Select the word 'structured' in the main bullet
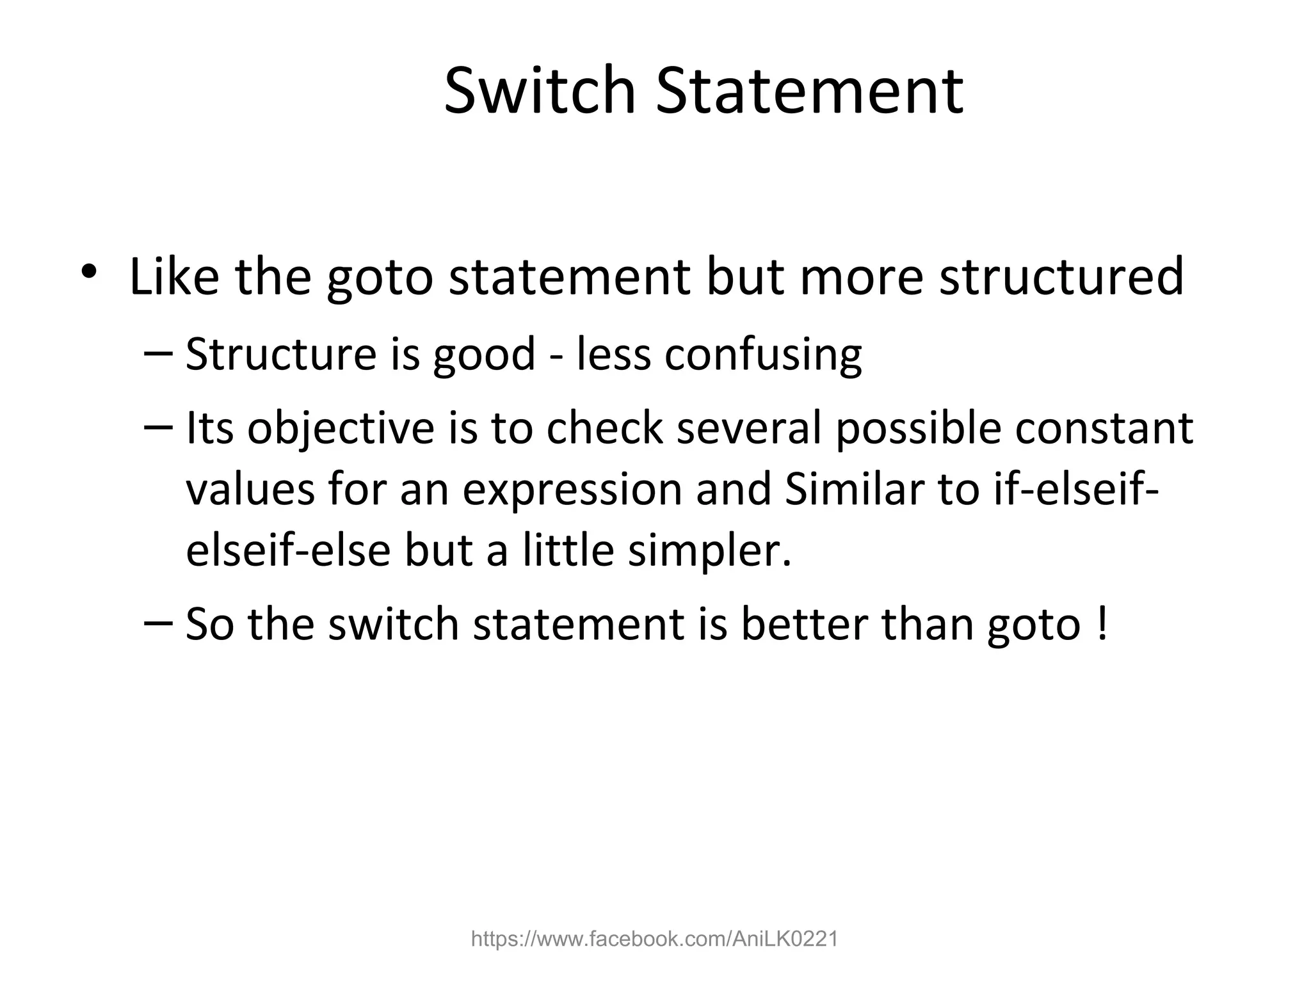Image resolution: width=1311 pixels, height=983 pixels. click(1061, 276)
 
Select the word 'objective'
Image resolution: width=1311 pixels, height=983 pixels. click(341, 429)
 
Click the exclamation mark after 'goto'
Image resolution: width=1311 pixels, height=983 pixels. click(1101, 624)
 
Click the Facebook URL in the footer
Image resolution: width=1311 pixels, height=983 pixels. click(654, 939)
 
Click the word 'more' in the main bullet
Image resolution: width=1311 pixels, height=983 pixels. click(861, 276)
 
